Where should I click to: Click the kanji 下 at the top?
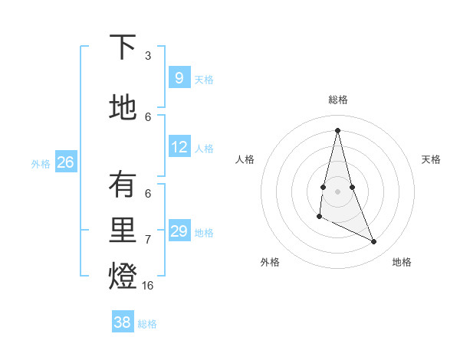(123, 48)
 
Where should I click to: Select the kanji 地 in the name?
(123, 107)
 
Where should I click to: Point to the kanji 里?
(123, 231)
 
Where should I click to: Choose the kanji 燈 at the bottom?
(123, 277)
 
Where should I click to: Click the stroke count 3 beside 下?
(148, 56)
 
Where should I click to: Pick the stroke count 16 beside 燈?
(148, 285)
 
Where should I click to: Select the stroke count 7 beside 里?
(148, 239)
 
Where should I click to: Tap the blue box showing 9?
(179, 77)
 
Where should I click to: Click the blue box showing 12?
(179, 147)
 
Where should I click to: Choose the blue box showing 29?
(179, 231)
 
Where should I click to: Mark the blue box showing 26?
(65, 162)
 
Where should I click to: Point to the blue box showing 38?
(122, 322)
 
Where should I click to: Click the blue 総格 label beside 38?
(147, 324)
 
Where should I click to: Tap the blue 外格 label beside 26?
(41, 163)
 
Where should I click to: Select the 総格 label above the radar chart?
(337, 100)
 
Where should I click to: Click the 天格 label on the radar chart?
(431, 159)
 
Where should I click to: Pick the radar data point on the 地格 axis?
(374, 242)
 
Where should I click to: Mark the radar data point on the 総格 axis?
(337, 129)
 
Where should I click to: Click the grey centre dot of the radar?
(337, 191)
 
